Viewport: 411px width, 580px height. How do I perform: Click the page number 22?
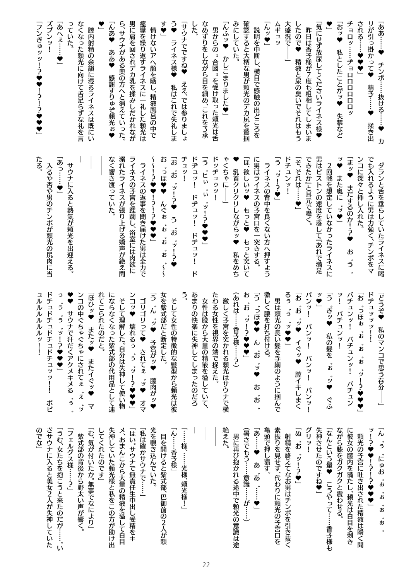(205, 564)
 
